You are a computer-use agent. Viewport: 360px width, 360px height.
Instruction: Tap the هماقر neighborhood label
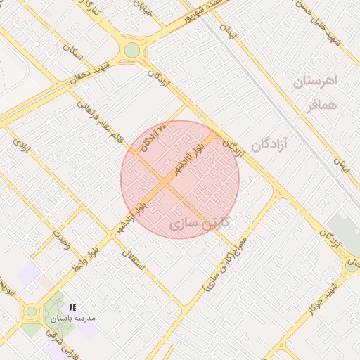[322, 104]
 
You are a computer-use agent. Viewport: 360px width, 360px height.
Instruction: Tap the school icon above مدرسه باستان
[72, 307]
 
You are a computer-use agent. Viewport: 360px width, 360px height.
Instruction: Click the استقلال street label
[132, 261]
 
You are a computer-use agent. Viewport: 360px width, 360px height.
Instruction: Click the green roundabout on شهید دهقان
[131, 50]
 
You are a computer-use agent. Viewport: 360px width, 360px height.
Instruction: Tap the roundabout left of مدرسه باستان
[30, 311]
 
